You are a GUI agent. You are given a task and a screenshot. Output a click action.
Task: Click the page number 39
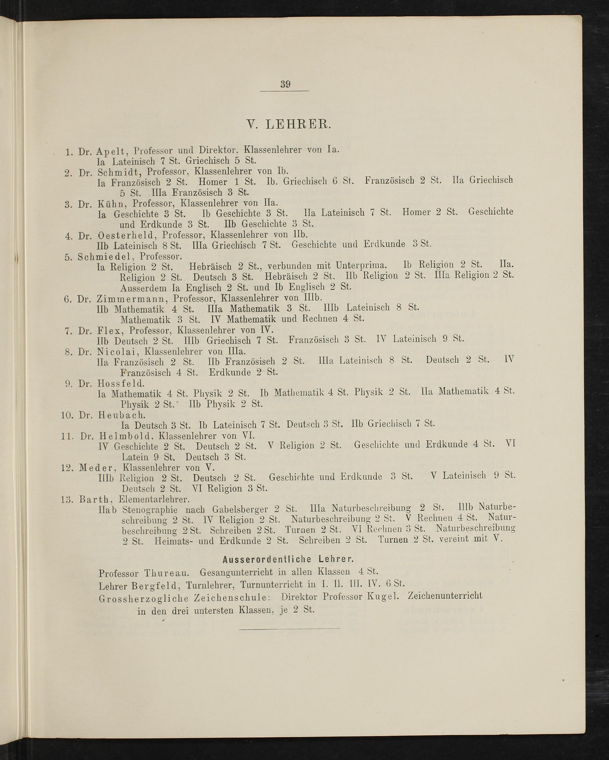(x=285, y=84)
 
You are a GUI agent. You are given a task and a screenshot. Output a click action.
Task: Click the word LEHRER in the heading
(x=298, y=125)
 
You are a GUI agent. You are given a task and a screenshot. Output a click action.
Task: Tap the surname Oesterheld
(x=126, y=235)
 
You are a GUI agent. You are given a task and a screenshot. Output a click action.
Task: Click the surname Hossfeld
(x=118, y=384)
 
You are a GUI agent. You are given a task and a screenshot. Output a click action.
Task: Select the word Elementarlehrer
(x=154, y=499)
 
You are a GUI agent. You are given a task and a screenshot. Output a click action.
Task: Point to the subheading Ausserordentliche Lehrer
(x=288, y=559)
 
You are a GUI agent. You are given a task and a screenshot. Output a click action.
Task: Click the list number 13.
(x=67, y=499)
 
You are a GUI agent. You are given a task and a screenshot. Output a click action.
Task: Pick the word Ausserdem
(x=143, y=288)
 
